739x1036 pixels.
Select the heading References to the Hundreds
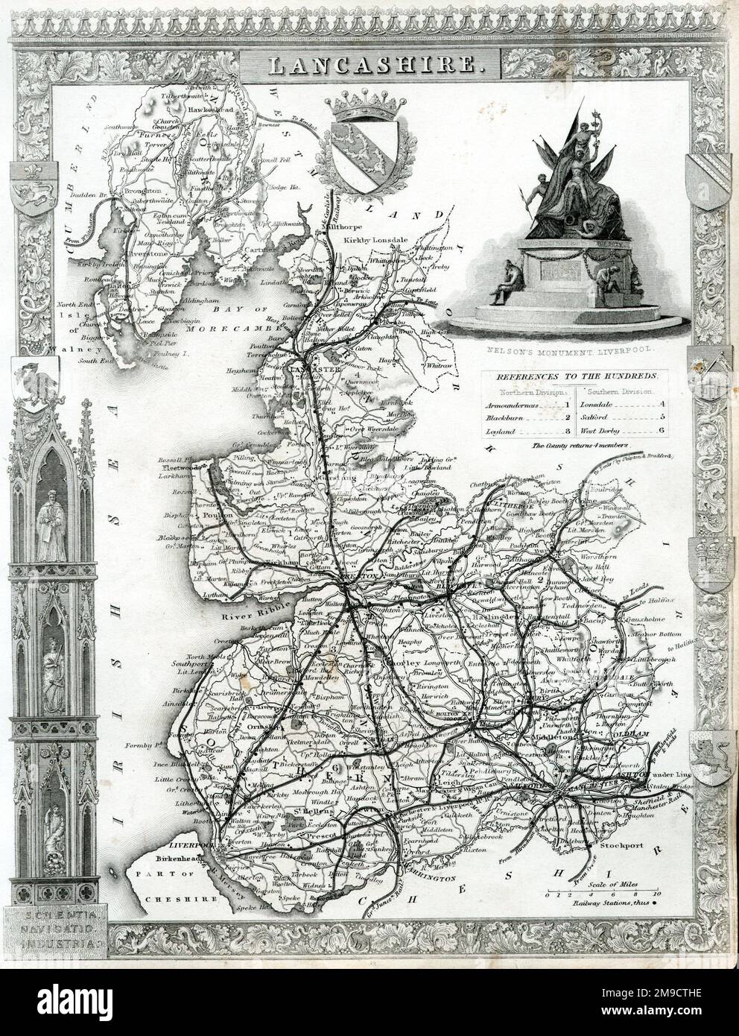[x=573, y=378]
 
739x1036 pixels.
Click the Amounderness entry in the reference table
[x=513, y=404]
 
